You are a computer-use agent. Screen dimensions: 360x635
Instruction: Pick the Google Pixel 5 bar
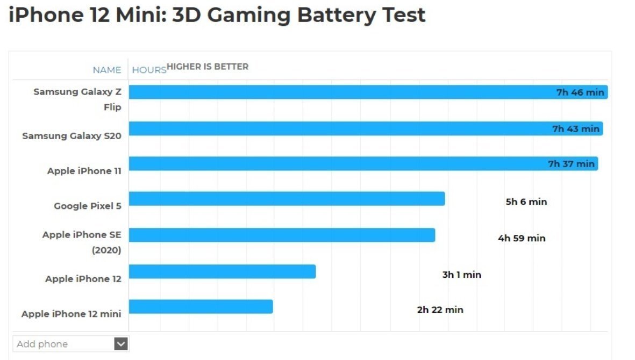(287, 198)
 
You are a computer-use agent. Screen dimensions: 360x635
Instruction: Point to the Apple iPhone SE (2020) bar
(282, 235)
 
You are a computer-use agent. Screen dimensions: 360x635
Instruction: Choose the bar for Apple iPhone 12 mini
(201, 306)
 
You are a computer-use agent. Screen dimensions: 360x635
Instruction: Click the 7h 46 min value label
(580, 92)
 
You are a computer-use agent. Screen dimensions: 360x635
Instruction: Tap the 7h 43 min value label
(575, 129)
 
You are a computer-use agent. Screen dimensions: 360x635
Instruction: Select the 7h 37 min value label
(571, 164)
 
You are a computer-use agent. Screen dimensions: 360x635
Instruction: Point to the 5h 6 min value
(526, 202)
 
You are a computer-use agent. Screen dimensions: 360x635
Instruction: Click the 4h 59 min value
(521, 238)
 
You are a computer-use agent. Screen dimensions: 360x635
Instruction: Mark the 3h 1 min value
(461, 275)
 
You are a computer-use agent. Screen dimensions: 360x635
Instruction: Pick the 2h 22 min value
(440, 309)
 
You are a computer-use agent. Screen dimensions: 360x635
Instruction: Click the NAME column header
(107, 70)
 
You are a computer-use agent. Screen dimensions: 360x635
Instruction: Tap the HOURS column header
(149, 70)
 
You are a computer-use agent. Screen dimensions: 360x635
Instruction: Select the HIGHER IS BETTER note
(208, 67)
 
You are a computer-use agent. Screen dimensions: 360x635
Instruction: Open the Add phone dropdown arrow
(121, 344)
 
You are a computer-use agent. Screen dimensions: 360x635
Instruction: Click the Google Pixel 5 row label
(87, 206)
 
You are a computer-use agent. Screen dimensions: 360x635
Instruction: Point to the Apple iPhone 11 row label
(84, 171)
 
